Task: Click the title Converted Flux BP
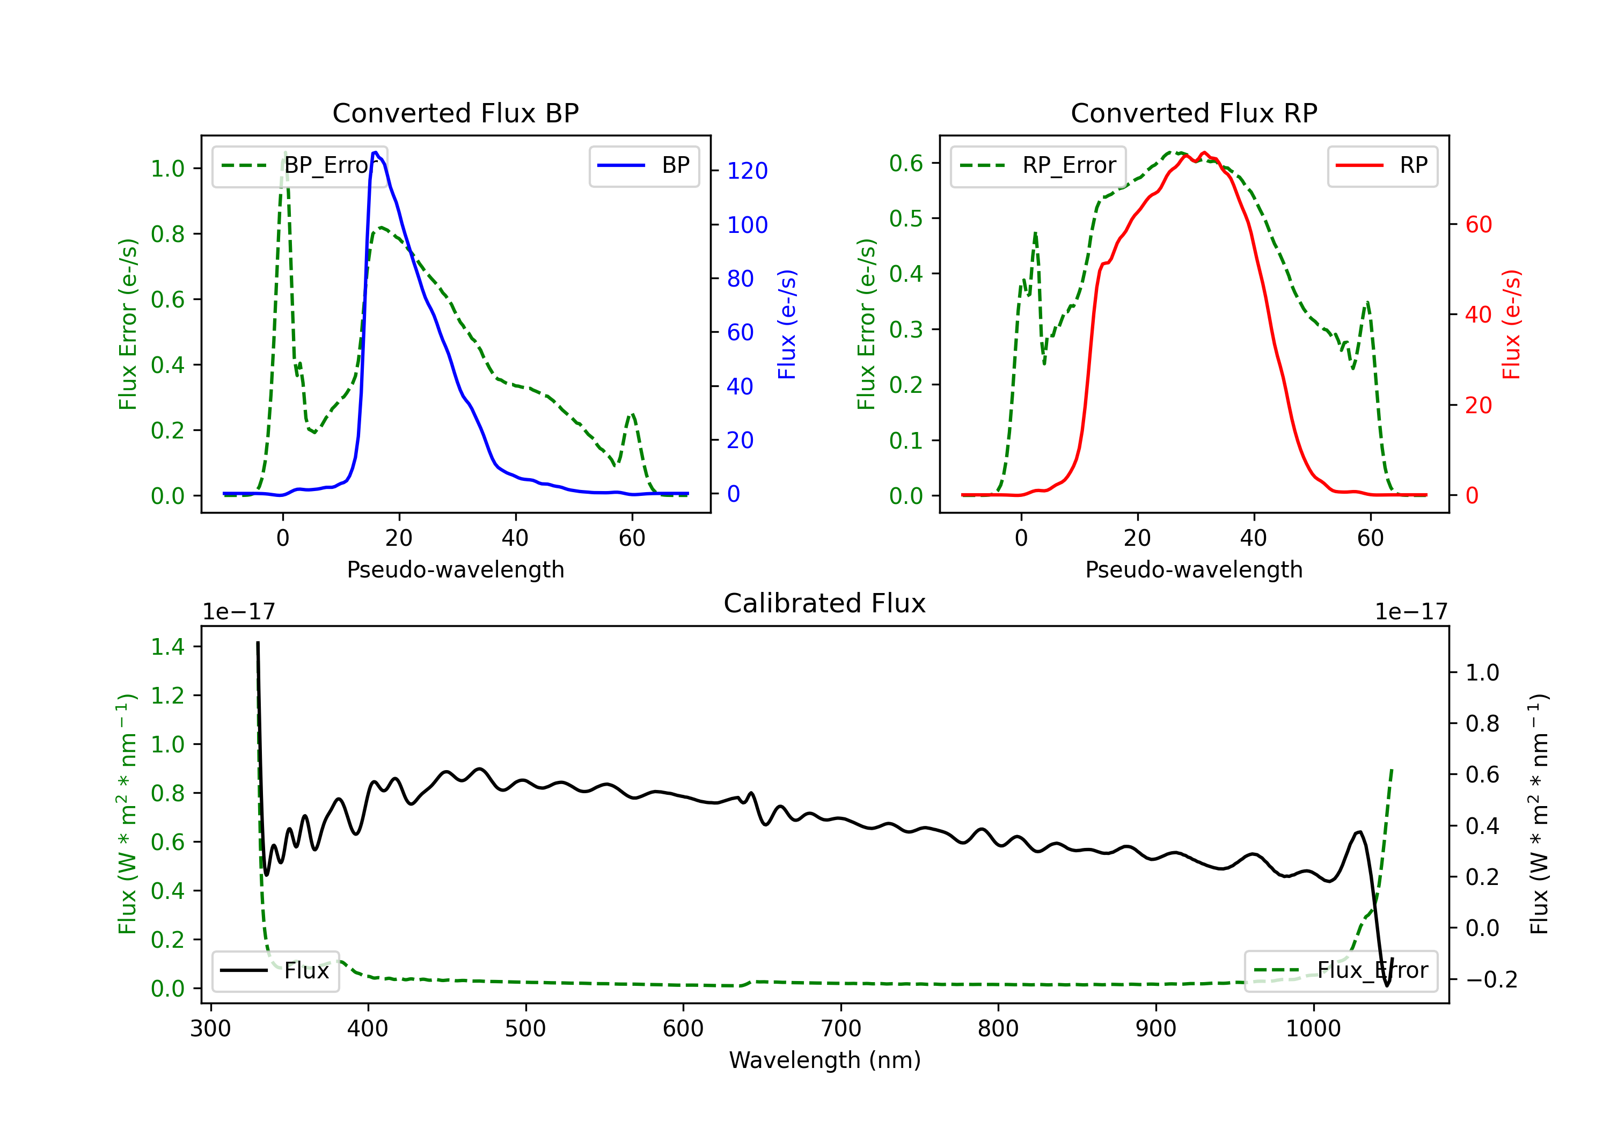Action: pyautogui.click(x=455, y=113)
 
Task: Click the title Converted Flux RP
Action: pyautogui.click(x=1194, y=113)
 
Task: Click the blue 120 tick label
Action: pyautogui.click(x=747, y=171)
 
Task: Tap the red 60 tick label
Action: pyautogui.click(x=1478, y=224)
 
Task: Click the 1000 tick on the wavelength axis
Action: pyautogui.click(x=1313, y=1028)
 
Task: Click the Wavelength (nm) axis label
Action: pyautogui.click(x=825, y=1060)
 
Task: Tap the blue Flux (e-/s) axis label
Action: pyautogui.click(x=787, y=324)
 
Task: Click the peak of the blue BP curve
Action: pyautogui.click(x=376, y=152)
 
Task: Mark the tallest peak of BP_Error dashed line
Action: pyautogui.click(x=284, y=153)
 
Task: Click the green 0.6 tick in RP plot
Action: pyautogui.click(x=906, y=163)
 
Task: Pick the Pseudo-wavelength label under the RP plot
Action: pyautogui.click(x=1194, y=569)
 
